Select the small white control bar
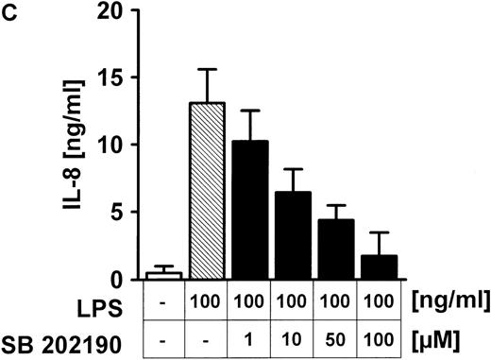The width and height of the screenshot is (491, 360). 164,275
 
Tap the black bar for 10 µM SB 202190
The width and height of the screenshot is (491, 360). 294,235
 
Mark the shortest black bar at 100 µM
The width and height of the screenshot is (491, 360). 380,266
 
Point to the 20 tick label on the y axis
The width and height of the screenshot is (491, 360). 114,10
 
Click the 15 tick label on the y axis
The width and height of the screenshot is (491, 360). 114,77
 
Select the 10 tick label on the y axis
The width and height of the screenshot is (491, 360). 114,145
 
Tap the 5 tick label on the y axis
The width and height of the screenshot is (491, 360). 120,212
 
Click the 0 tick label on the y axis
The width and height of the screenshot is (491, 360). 120,279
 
